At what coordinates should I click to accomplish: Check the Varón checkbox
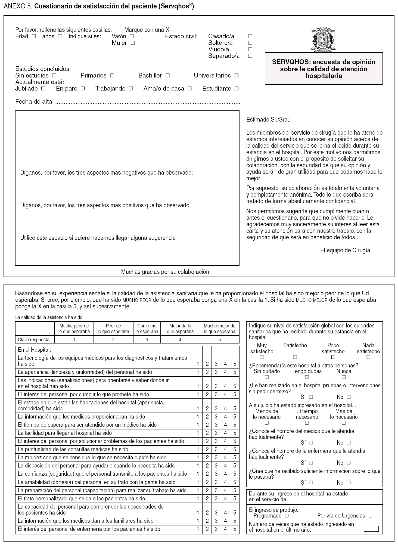pos(132,36)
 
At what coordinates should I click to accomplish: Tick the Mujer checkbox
pos(133,43)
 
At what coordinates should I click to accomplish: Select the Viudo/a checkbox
pos(250,49)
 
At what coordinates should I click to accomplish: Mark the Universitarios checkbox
pos(237,76)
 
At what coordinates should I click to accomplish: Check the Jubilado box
pos(43,89)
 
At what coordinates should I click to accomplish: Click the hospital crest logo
pos(324,39)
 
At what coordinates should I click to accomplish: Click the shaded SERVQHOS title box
pos(324,69)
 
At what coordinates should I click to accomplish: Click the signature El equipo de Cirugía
pos(345,250)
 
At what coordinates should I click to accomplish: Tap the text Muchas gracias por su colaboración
pos(165,272)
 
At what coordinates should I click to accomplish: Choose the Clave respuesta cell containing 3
pos(147,340)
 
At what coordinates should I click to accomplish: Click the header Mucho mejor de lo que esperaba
pos(220,329)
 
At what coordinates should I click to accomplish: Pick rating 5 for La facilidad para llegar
pos(235,433)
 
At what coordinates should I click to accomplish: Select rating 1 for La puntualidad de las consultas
pos(198,449)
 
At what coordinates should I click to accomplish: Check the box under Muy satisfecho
pos(262,357)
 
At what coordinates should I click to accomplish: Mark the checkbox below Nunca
pos(344,377)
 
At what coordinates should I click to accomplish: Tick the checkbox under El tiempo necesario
pos(307,423)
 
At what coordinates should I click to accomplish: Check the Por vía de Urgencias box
pos(370,516)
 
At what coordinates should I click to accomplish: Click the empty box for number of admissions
pos(371,529)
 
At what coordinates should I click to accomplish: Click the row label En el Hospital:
pos(35,350)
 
